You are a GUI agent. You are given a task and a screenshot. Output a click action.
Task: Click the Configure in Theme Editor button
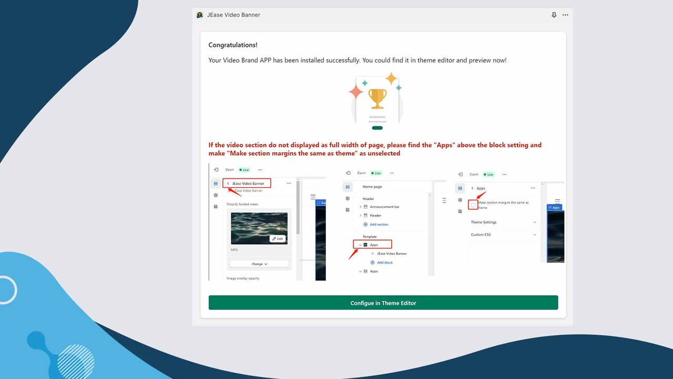coord(383,303)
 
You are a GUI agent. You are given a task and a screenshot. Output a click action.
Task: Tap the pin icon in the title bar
coord(554,15)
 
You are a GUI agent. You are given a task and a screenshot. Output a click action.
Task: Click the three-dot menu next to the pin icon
coord(565,15)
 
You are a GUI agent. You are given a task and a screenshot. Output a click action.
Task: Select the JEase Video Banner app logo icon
coord(200,15)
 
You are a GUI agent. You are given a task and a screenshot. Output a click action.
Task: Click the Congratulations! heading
coord(233,45)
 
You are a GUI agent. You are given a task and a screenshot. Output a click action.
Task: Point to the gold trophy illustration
coord(377,98)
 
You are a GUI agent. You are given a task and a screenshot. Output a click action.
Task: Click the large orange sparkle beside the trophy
coord(356,92)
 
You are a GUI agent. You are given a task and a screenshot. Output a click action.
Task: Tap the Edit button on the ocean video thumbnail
coord(278,238)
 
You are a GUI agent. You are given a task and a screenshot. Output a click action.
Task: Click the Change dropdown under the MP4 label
coord(259,264)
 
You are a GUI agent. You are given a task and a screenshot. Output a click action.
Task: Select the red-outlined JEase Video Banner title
coord(248,183)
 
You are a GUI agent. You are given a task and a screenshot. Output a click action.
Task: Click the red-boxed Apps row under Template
coord(373,245)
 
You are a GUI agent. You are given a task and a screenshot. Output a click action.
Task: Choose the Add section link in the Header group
coord(379,224)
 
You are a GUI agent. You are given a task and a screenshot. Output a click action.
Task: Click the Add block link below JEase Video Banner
coord(384,262)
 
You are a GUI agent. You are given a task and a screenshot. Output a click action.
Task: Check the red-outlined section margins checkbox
coord(473,205)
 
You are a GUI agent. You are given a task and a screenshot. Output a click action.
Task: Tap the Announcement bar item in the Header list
coord(384,207)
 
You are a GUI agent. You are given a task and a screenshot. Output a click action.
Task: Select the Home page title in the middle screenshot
coord(372,187)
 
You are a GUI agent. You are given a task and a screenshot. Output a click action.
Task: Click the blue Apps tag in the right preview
coord(554,207)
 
